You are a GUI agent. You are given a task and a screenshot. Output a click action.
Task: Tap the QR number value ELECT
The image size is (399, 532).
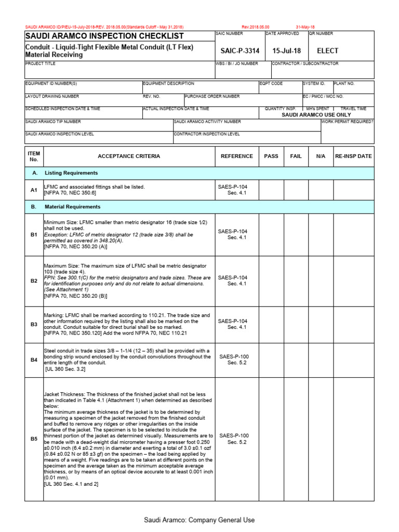[x=328, y=51]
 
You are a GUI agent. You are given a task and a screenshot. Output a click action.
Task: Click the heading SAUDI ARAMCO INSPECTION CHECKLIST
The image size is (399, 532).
[x=104, y=36]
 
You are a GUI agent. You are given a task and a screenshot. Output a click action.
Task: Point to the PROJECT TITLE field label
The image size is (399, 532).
[x=40, y=63]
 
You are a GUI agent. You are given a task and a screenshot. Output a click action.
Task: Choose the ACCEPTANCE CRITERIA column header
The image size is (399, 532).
[x=129, y=156]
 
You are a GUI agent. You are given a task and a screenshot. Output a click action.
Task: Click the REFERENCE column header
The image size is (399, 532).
[x=236, y=156]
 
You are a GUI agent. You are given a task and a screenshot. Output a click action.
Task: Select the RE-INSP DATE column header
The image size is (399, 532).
[x=353, y=156]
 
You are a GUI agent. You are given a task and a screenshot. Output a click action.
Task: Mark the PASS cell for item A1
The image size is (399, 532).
[x=271, y=190]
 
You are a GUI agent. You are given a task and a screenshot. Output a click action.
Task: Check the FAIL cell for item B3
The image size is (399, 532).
[x=296, y=324]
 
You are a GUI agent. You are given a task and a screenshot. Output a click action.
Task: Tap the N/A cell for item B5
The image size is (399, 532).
[x=321, y=439]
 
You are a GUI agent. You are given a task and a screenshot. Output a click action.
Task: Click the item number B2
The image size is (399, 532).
[x=34, y=281]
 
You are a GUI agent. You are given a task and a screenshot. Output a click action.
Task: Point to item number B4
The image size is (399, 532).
[x=34, y=360]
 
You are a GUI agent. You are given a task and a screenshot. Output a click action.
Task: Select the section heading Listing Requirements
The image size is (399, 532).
[x=71, y=173]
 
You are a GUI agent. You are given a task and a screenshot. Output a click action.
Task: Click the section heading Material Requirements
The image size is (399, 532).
[x=72, y=207]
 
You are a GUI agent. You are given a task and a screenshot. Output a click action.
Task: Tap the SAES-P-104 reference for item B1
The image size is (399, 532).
[x=233, y=234]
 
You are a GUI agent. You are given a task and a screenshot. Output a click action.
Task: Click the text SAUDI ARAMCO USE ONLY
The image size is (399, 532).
[x=316, y=115]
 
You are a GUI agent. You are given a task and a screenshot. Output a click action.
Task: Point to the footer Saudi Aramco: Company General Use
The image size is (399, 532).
[x=199, y=520]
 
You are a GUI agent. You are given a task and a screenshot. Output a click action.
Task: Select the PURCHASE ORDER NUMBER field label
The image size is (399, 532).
[x=212, y=96]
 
